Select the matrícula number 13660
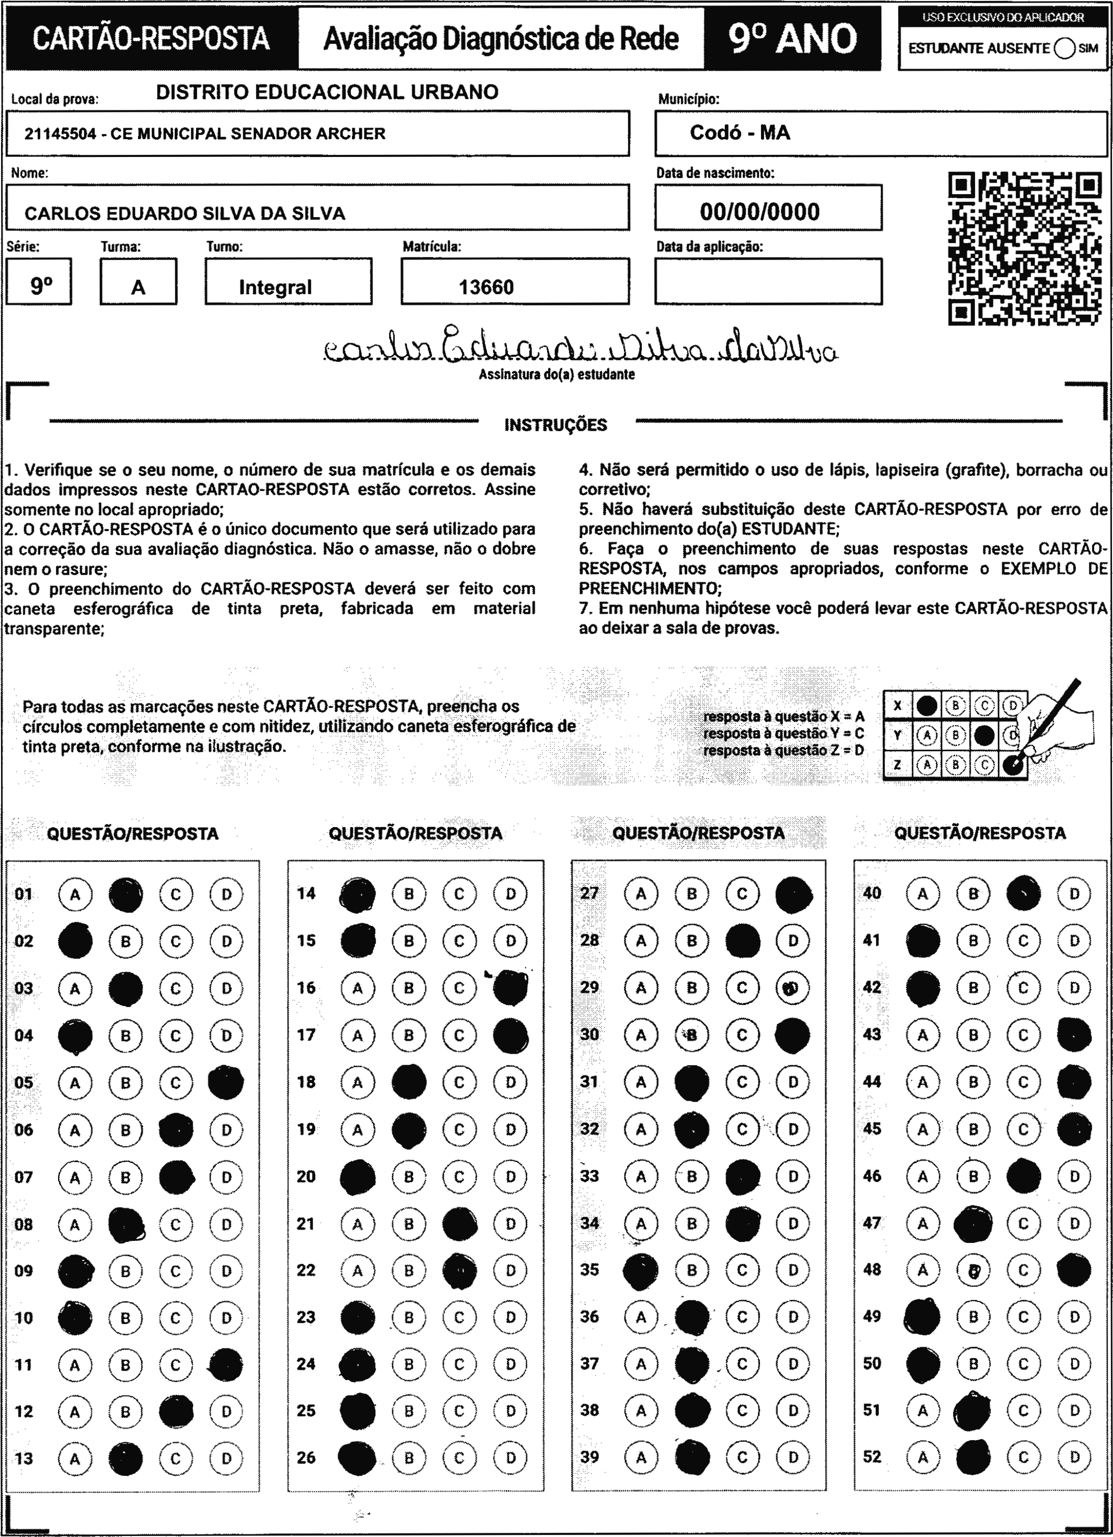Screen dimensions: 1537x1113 [x=486, y=287]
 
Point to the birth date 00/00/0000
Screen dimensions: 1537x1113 [x=760, y=212]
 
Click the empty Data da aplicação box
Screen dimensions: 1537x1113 [x=767, y=281]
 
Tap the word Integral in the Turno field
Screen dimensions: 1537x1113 [x=275, y=287]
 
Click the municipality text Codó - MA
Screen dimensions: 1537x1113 [x=740, y=133]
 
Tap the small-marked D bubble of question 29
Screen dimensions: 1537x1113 [x=792, y=988]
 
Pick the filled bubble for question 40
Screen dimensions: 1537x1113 [x=1024, y=894]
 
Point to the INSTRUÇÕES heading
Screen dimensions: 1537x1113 [x=556, y=426]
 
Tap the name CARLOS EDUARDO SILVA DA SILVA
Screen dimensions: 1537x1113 [x=185, y=214]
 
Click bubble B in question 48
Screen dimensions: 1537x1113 [x=974, y=1271]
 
